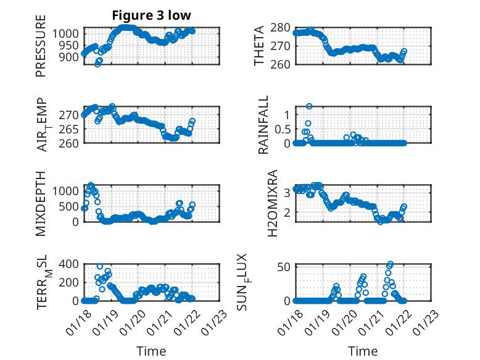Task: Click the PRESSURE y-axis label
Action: [41, 50]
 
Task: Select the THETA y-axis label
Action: [259, 46]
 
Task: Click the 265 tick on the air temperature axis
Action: [70, 129]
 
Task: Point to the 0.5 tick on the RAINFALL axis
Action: [281, 129]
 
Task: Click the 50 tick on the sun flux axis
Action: [284, 267]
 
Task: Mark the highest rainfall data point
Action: [309, 106]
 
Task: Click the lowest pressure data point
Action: [97, 64]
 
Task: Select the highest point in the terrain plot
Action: [100, 266]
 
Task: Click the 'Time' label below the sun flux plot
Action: [363, 351]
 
